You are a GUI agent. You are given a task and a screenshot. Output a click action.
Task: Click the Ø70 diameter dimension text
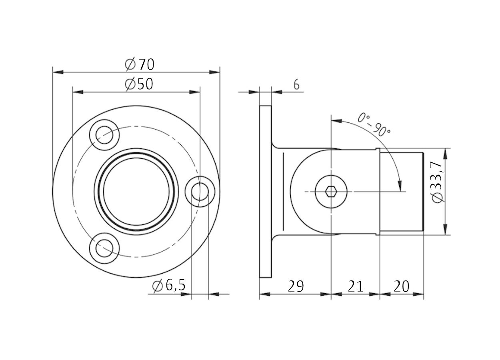tap(139, 64)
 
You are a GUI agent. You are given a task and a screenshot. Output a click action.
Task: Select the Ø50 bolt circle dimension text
tap(139, 84)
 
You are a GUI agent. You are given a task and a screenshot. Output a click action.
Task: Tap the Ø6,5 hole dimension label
tap(169, 286)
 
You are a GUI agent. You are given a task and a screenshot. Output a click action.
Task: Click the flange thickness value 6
tap(296, 85)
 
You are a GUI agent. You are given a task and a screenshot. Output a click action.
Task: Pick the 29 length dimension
tap(296, 286)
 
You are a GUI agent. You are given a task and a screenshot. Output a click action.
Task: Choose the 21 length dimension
tap(355, 286)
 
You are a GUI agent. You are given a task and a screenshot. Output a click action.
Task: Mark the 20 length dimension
tap(401, 286)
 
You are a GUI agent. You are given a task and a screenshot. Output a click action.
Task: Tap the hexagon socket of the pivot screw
tap(331, 192)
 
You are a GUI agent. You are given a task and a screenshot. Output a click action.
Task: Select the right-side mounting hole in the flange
tap(200, 191)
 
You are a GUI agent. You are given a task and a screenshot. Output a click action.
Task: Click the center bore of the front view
tap(136, 191)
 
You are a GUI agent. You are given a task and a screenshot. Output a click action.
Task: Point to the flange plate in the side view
tap(265, 191)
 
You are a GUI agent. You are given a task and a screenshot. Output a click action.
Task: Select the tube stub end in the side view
tap(401, 191)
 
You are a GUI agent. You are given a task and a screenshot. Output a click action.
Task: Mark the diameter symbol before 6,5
tap(158, 286)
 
